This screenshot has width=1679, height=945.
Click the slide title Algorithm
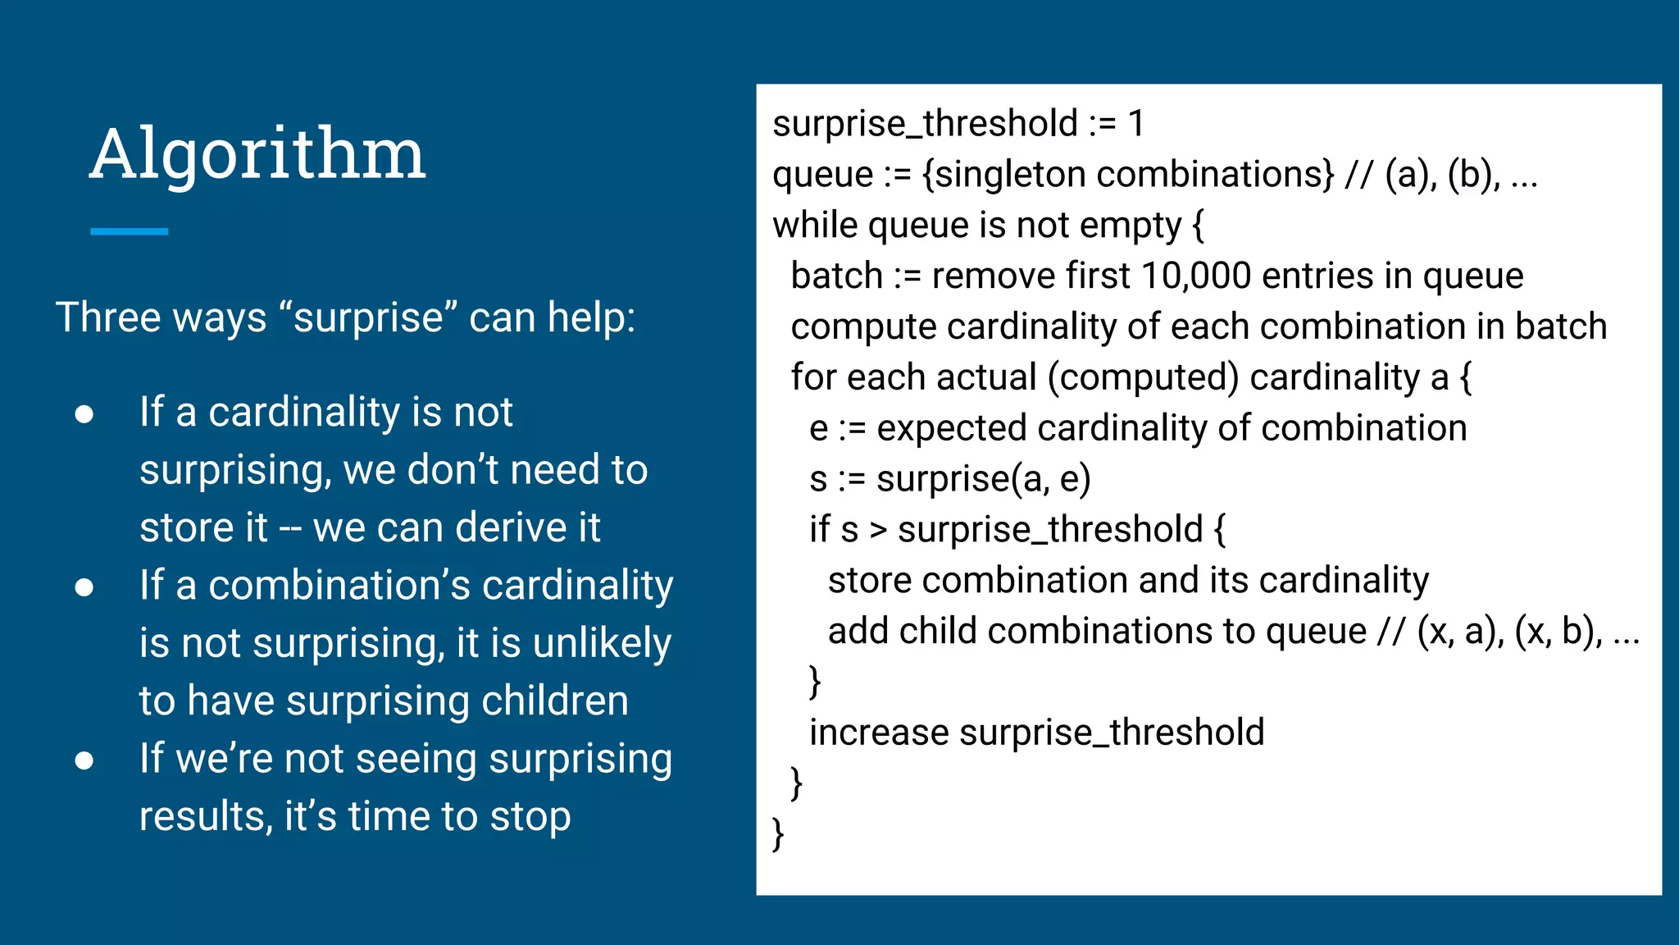point(257,154)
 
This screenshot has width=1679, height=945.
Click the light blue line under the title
point(129,232)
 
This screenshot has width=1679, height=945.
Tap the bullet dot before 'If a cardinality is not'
point(84,414)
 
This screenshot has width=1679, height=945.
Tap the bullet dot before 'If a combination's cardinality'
point(84,587)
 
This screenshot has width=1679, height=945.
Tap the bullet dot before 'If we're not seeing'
point(84,761)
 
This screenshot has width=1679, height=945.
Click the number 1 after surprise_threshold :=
point(1135,124)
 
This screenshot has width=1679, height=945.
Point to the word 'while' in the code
point(815,226)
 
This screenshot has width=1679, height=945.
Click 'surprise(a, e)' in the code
point(983,479)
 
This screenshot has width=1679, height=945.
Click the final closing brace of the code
point(778,834)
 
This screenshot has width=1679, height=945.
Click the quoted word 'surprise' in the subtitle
point(368,318)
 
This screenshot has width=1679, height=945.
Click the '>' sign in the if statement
point(878,531)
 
